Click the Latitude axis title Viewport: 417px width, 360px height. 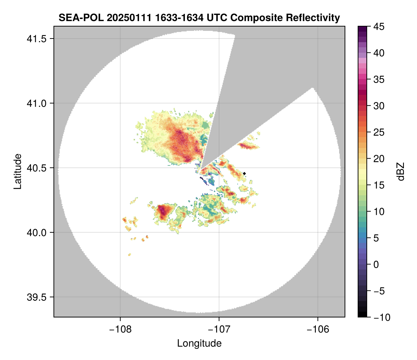(x=17, y=171)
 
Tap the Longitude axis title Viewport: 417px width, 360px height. (x=199, y=343)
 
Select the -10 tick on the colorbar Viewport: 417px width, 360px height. (x=380, y=317)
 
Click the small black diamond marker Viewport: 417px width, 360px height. (x=245, y=173)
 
